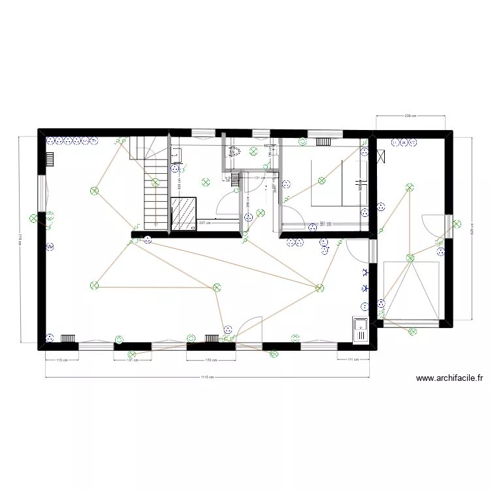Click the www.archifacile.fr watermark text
[449, 378]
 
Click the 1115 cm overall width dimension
[207, 377]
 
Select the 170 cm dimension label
[210, 360]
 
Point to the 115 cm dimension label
[61, 360]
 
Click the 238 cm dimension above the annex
[410, 116]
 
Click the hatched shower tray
[184, 212]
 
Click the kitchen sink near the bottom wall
[360, 329]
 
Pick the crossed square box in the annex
[380, 156]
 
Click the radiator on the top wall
[325, 140]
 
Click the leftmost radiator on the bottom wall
[69, 338]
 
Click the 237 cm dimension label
[204, 223]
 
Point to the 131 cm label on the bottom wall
[133, 360]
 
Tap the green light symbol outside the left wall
[33, 219]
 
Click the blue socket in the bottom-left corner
[50, 338]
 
